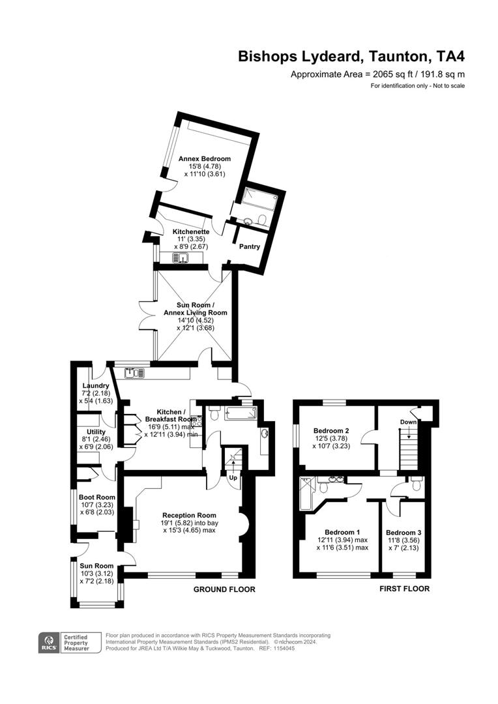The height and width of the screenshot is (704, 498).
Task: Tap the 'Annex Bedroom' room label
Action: click(x=205, y=158)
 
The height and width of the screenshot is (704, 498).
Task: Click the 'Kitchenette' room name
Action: click(x=191, y=231)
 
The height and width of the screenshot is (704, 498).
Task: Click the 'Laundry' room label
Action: click(x=95, y=385)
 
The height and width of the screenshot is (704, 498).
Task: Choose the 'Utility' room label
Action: click(x=96, y=432)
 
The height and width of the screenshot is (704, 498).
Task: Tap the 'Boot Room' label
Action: click(x=96, y=497)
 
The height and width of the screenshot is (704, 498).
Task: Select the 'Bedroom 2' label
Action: click(x=331, y=430)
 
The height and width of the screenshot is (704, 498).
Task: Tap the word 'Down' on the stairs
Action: click(x=409, y=422)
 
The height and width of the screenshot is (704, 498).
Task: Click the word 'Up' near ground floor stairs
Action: click(x=233, y=478)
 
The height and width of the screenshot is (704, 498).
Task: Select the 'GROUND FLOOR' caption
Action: click(x=224, y=589)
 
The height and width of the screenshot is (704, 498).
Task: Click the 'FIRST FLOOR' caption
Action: click(x=405, y=589)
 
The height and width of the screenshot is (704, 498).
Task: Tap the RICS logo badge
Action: click(x=48, y=643)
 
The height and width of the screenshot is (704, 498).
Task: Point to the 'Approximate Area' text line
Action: click(x=377, y=75)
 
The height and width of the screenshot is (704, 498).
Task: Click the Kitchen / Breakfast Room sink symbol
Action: click(x=137, y=374)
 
